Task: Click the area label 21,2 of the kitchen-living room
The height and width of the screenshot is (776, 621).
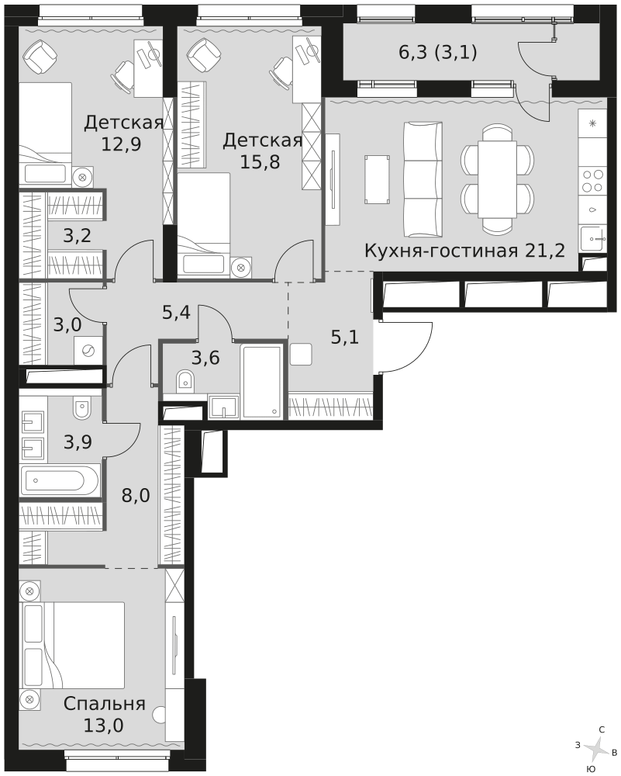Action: click(x=543, y=251)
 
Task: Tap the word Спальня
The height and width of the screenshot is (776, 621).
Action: click(x=105, y=703)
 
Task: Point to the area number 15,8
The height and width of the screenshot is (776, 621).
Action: click(x=260, y=161)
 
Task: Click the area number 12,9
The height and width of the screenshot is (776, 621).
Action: click(x=121, y=144)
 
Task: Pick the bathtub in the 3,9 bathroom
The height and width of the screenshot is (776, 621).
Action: click(x=60, y=479)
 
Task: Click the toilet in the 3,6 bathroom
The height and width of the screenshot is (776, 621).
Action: click(x=185, y=380)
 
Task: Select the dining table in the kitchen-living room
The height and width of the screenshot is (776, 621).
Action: click(x=497, y=179)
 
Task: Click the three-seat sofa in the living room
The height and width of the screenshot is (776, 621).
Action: click(x=423, y=180)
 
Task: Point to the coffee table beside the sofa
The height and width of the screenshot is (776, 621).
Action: click(x=378, y=179)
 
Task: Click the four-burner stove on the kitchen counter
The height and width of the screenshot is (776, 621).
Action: click(x=592, y=181)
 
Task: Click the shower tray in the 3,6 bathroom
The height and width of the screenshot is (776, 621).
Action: click(x=261, y=382)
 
